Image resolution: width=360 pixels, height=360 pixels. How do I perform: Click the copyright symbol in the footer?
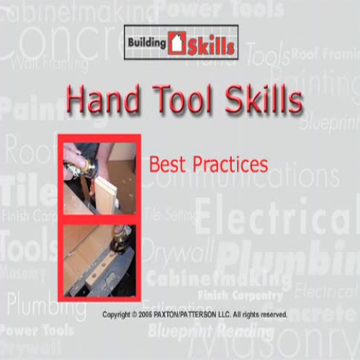[135, 315]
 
